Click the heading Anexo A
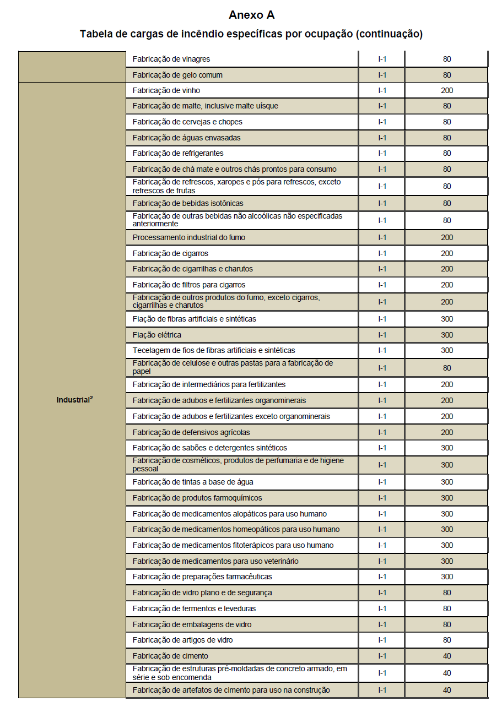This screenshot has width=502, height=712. [x=251, y=15]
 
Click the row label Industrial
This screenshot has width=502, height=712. [x=74, y=400]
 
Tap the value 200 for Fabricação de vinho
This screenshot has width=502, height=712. [x=446, y=90]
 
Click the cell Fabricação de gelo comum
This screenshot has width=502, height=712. [x=177, y=75]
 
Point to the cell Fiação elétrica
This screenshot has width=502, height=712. [x=156, y=335]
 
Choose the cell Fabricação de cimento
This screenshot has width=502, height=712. [x=170, y=656]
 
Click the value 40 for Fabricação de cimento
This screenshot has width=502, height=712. [x=446, y=656]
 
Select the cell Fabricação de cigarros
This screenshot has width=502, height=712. [x=170, y=253]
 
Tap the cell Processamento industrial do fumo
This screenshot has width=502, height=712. [x=189, y=237]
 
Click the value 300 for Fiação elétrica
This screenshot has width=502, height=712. [x=446, y=335]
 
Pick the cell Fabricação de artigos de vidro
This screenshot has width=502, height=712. [x=182, y=640]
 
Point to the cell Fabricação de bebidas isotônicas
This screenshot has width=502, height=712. [x=187, y=203]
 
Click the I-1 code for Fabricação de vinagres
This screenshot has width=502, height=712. [x=382, y=59]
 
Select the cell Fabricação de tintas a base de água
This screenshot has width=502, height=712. [x=193, y=482]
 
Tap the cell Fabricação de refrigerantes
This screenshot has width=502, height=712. [x=178, y=153]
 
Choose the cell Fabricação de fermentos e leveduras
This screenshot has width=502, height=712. [x=194, y=608]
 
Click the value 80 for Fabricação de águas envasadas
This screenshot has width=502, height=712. [x=446, y=138]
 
